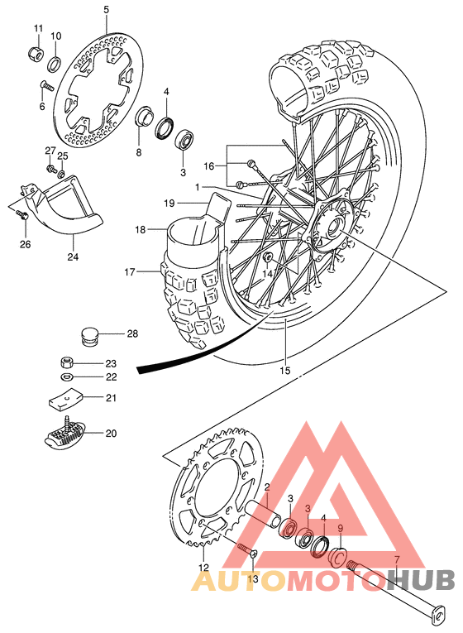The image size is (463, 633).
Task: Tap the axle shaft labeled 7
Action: tap(397, 584)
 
